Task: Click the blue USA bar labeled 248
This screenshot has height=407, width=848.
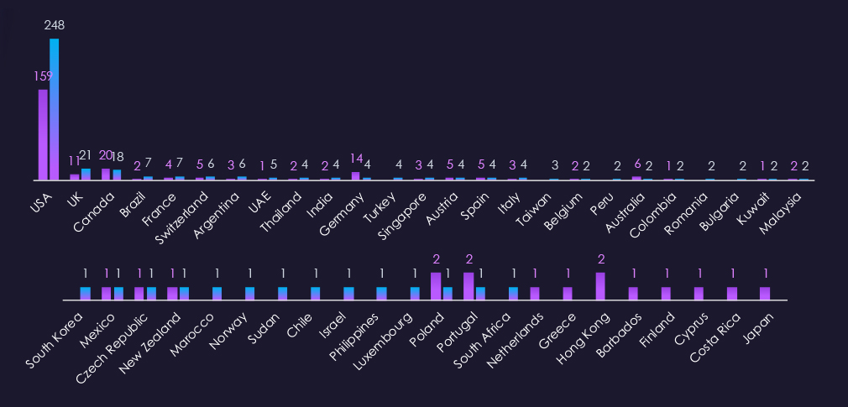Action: point(54,109)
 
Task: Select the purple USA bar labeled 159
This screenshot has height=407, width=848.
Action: point(43,134)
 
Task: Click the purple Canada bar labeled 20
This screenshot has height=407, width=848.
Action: point(106,174)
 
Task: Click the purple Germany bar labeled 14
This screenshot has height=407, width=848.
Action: point(355,175)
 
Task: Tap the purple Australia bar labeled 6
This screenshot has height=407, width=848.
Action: point(636,178)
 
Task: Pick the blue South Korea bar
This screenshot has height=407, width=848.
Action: point(86,293)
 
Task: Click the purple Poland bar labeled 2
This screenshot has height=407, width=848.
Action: point(436,286)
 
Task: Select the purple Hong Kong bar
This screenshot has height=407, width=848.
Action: point(600,286)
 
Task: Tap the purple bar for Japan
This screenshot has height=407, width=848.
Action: point(765,293)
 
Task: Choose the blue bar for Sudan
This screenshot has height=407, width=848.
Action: point(283,293)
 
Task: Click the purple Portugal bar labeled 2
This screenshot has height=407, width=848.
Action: point(468,286)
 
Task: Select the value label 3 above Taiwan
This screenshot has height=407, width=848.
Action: point(555,165)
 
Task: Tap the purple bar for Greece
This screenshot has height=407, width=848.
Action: point(568,293)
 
